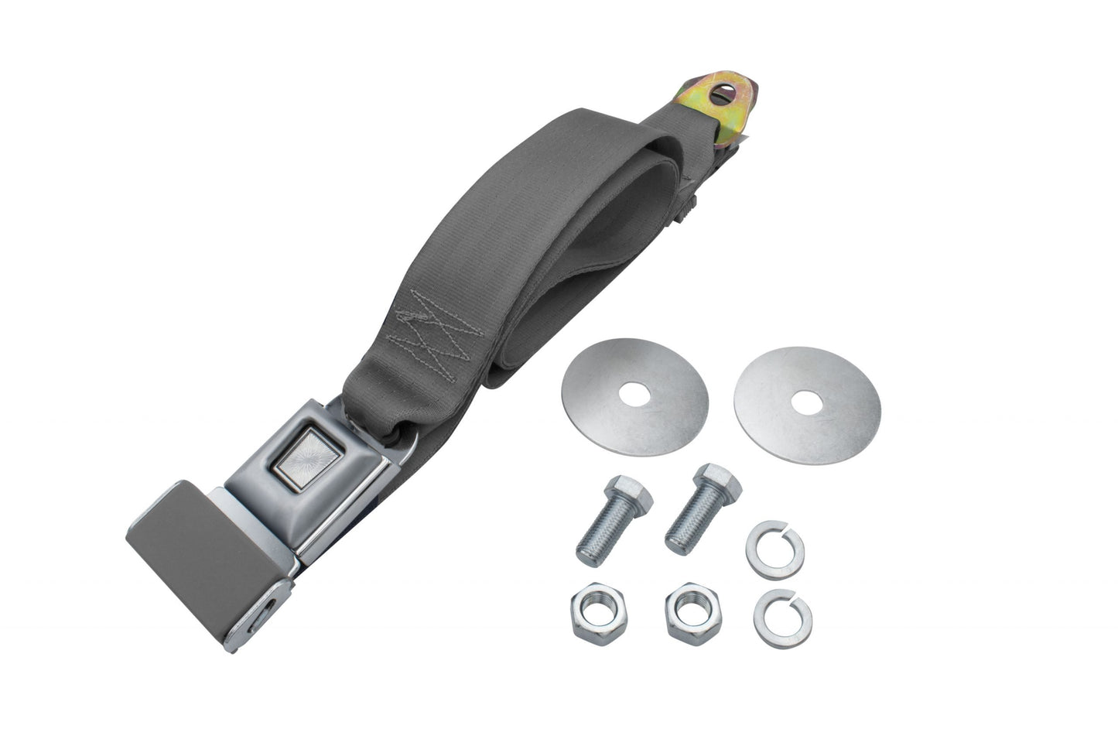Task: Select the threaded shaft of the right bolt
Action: point(686,527)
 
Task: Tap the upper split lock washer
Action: point(775,549)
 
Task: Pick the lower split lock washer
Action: point(783,618)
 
